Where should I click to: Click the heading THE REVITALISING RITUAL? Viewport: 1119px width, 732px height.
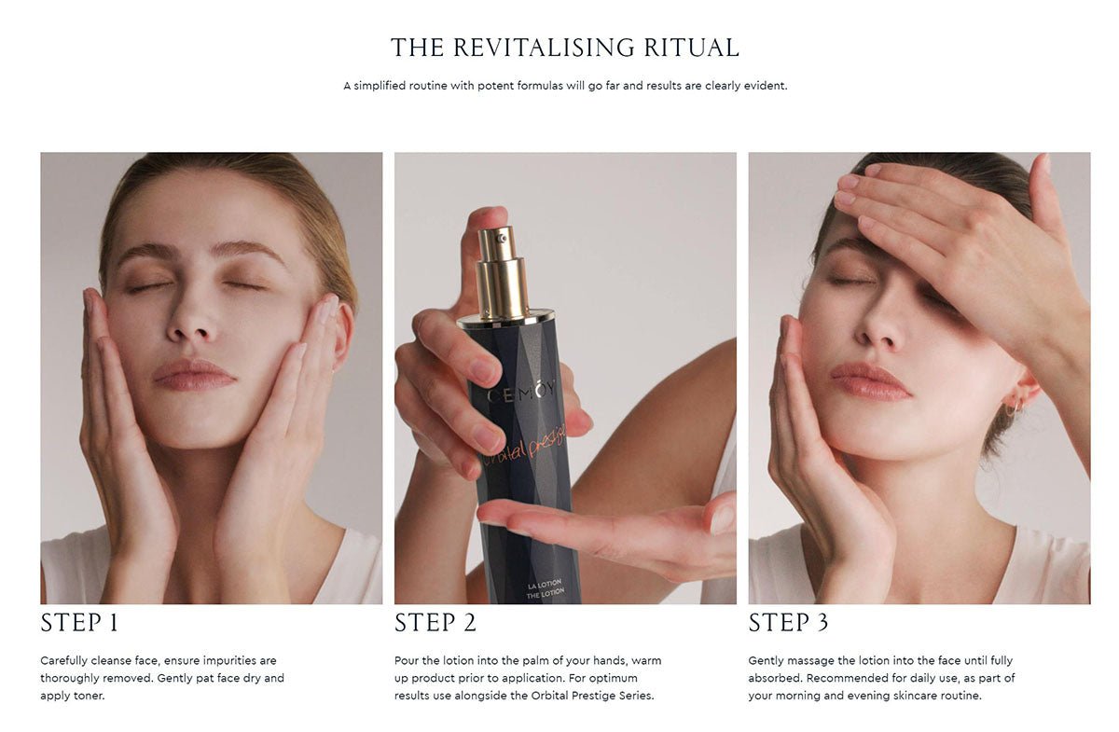coord(564,48)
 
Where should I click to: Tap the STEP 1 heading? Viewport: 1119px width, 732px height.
coord(79,623)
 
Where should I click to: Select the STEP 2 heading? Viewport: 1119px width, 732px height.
coord(435,623)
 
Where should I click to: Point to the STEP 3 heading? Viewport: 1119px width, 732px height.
coord(788,623)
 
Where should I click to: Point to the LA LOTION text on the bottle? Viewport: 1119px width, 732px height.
coord(544,586)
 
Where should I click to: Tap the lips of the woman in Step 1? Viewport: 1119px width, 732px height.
coord(194,373)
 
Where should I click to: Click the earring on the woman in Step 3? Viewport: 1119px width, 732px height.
coord(1014,407)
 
